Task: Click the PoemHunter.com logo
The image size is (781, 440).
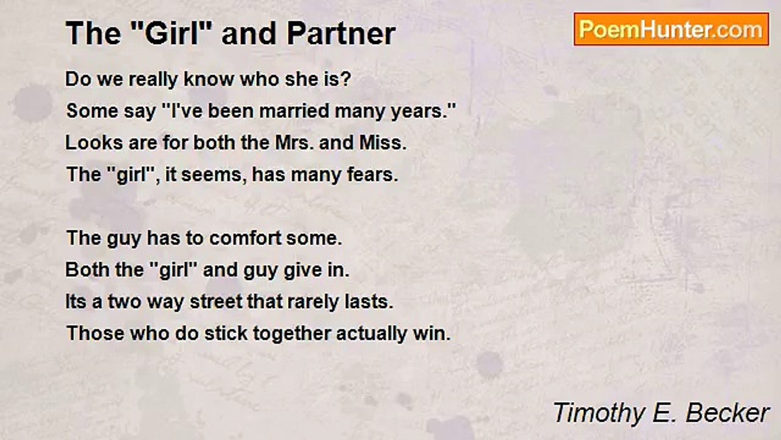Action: [671, 29]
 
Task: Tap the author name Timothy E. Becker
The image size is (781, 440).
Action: [661, 413]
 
